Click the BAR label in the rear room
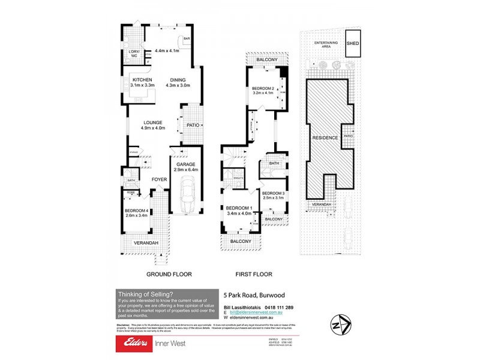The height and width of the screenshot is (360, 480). click(187, 39)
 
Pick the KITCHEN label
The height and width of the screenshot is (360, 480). click(142, 80)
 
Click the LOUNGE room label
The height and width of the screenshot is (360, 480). click(152, 122)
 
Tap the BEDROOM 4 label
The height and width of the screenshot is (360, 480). click(136, 211)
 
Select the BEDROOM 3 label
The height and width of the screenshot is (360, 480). click(273, 193)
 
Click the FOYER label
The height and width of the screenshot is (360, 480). click(158, 179)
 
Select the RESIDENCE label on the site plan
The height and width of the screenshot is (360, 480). click(325, 137)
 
